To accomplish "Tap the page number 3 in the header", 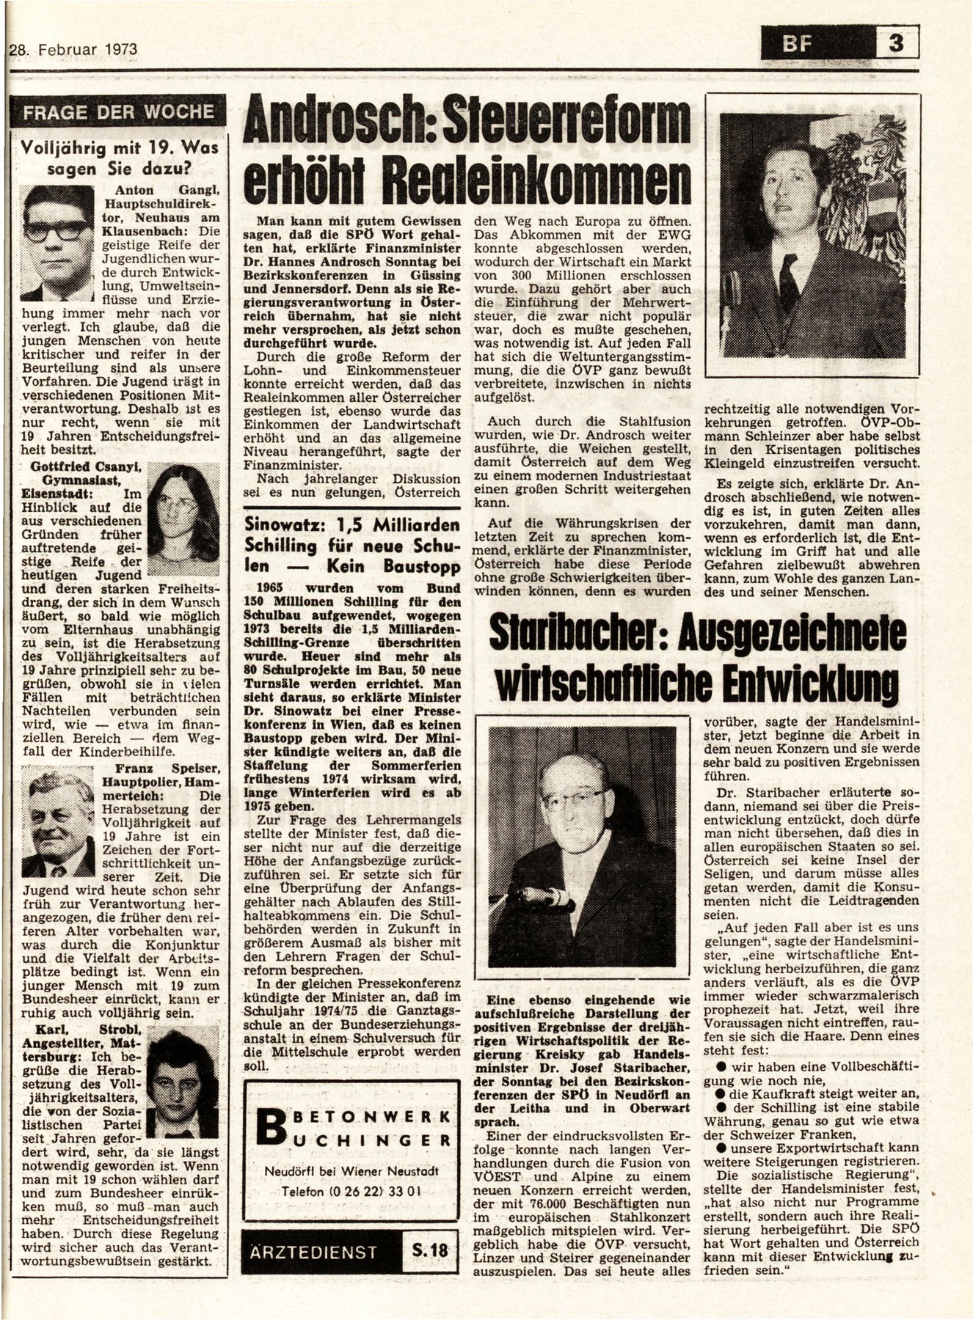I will [x=896, y=44].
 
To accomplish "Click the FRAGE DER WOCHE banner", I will [x=118, y=112].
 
